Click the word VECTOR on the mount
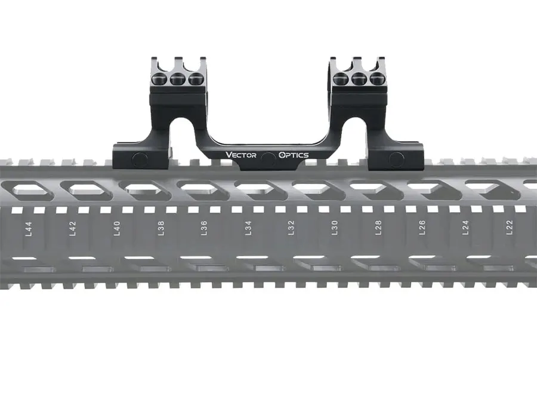241,155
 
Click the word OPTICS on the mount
294,155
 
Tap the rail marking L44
29,228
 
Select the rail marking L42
73,228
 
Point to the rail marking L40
117,228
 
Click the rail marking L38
161,228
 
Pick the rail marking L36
204,228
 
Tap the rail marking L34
248,228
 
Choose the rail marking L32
291,228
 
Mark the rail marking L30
335,228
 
